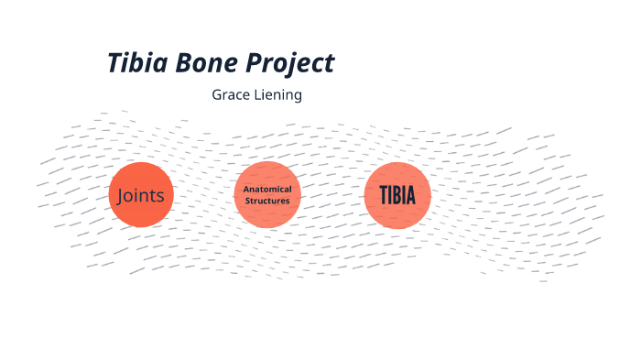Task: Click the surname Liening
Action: (278, 95)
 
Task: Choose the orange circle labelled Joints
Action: (140, 194)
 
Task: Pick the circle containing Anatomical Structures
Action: (267, 194)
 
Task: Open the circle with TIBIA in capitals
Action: (397, 194)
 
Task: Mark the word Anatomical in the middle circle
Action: (267, 189)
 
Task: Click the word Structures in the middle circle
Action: (267, 200)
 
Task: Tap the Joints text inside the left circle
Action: (140, 195)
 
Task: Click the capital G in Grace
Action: (217, 94)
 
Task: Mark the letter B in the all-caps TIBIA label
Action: (392, 195)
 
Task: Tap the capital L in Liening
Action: (258, 94)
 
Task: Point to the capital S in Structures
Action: (246, 200)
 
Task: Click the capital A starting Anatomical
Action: (245, 189)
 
